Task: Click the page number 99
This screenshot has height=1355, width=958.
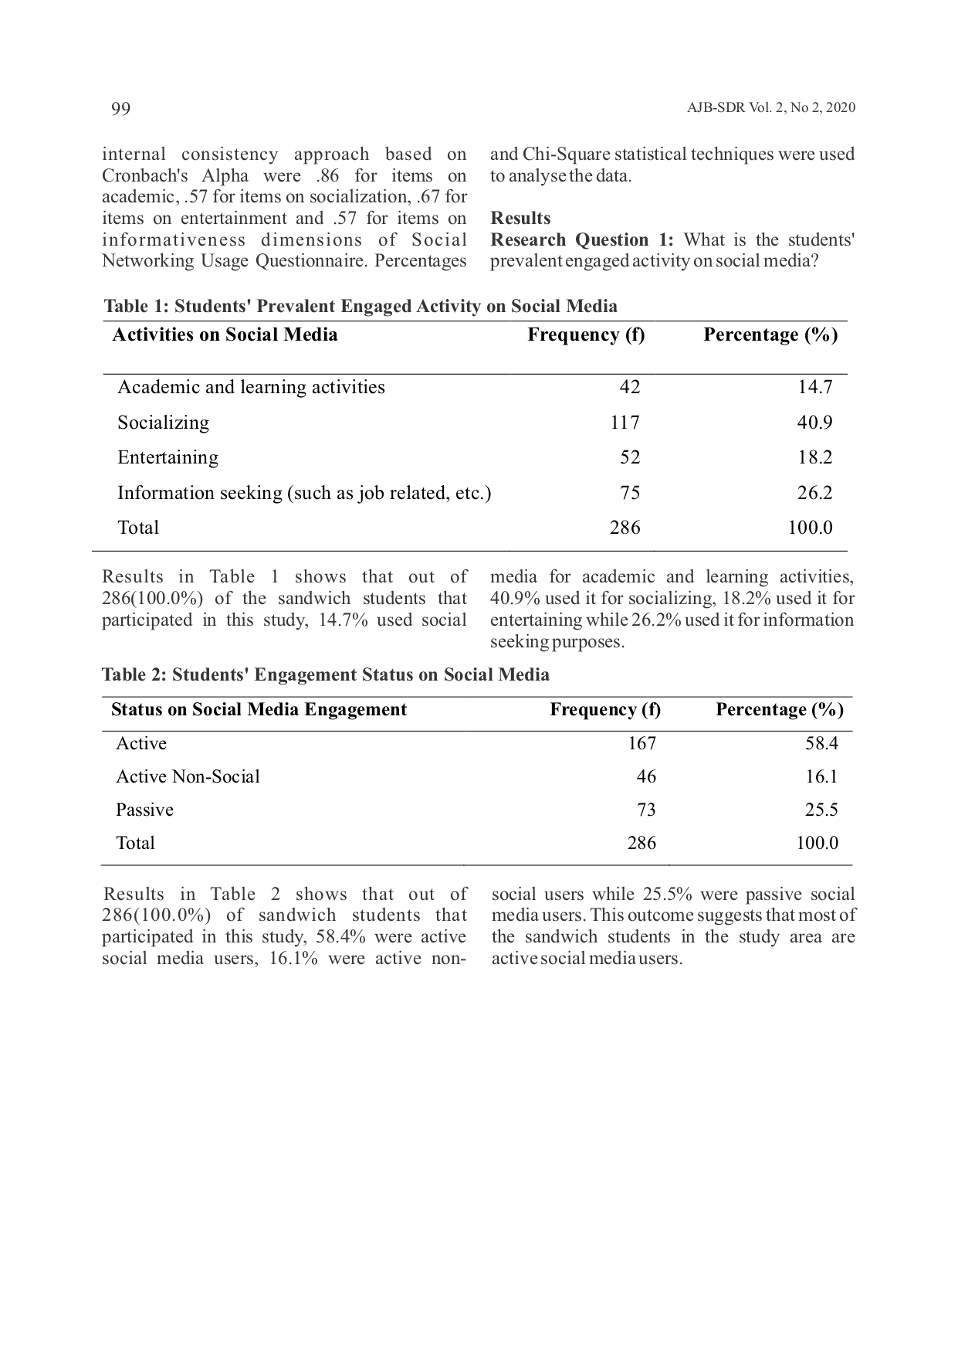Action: click(121, 109)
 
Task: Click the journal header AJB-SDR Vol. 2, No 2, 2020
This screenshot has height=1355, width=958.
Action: click(770, 108)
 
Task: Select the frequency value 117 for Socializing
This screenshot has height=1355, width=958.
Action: click(625, 423)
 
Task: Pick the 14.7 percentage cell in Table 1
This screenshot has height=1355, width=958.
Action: click(815, 387)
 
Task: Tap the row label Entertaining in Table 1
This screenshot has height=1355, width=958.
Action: click(168, 457)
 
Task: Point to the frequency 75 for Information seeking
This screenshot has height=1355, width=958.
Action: click(630, 493)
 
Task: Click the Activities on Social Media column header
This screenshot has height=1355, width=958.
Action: click(225, 335)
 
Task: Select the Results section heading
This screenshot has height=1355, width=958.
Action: click(520, 218)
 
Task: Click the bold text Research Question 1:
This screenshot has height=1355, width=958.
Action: click(582, 239)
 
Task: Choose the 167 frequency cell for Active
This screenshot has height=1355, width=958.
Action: click(641, 743)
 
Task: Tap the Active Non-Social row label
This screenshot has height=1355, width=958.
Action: click(188, 776)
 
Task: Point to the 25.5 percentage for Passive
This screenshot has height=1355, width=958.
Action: click(821, 810)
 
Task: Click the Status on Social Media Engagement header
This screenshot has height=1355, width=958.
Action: click(259, 710)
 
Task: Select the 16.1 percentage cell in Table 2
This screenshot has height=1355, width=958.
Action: click(821, 776)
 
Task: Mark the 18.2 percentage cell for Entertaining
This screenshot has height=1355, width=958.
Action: click(815, 457)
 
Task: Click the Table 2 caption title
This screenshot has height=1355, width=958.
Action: click(326, 674)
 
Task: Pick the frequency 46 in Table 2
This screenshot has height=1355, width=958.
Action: click(646, 776)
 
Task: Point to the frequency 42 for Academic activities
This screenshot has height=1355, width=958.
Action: click(630, 387)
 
